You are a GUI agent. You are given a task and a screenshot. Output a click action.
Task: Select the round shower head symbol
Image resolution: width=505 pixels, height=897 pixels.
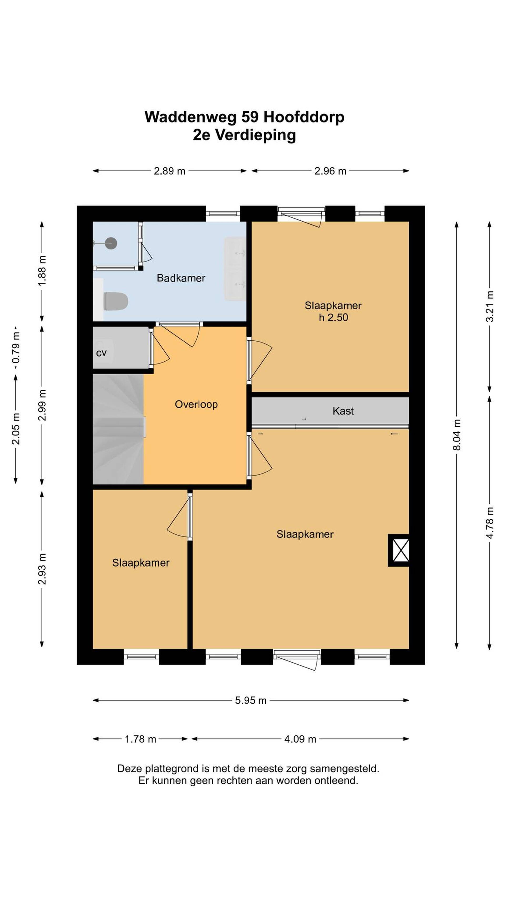pos(111,243)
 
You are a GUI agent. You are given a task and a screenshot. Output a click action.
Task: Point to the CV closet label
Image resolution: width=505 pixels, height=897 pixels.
pos(101,353)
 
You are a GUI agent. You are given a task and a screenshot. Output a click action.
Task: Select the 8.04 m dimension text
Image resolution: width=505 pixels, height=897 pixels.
pos(457,435)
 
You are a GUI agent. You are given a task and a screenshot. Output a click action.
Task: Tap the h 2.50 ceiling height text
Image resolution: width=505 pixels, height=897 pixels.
pos(333,317)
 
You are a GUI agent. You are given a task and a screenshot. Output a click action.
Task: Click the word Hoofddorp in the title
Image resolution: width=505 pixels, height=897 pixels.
pos(304,117)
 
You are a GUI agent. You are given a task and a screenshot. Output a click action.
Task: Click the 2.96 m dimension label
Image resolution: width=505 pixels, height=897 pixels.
pos(330,171)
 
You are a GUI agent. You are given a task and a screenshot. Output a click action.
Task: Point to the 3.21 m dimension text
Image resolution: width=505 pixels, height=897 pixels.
pos(490,306)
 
